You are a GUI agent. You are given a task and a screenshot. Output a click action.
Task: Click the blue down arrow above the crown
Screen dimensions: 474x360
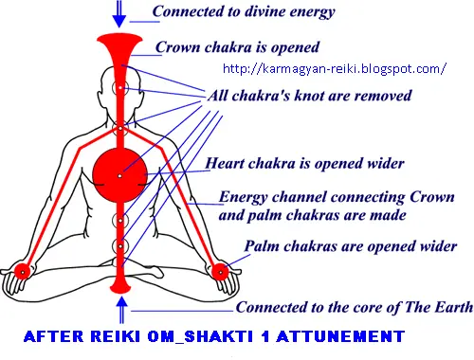point(119,14)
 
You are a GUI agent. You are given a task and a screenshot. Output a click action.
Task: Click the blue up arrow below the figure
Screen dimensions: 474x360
point(121,311)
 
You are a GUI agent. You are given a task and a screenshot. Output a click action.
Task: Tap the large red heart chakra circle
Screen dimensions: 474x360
point(119,175)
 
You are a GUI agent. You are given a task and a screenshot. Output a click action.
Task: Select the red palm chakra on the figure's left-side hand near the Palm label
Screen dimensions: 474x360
point(220,272)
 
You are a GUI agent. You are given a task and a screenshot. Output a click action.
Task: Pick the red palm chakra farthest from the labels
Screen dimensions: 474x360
point(22,272)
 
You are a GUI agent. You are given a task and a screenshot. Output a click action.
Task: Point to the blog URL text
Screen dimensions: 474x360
point(335,68)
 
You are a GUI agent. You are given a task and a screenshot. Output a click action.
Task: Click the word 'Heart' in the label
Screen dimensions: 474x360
point(225,163)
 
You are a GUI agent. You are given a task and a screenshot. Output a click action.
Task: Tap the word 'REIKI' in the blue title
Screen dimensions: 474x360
point(116,336)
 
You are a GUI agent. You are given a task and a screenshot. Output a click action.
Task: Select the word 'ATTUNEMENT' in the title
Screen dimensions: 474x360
point(340,336)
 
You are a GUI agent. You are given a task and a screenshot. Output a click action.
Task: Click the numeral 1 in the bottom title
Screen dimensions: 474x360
point(265,336)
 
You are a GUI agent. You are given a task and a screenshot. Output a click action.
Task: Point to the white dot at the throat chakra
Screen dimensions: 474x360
point(120,129)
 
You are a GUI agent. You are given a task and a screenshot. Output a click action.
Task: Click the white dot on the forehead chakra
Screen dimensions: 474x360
point(120,87)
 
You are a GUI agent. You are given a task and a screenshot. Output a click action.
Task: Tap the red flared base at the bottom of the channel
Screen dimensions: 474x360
point(120,285)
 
